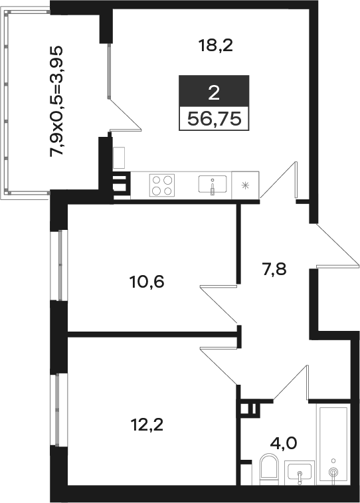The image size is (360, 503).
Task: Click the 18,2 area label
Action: tap(215, 45)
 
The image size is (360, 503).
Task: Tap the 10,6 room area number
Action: tap(147, 282)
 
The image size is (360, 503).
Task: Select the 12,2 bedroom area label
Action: tap(147, 425)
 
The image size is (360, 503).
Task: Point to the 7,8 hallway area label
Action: tap(274, 269)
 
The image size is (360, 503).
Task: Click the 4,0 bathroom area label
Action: tap(284, 443)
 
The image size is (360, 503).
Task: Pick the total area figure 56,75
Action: tap(214, 119)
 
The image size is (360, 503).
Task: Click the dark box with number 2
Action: tap(214, 91)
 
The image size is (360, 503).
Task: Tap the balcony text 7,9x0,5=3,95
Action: tap(57, 102)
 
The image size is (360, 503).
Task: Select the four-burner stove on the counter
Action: tap(162, 185)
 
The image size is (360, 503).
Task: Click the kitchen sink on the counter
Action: tap(213, 185)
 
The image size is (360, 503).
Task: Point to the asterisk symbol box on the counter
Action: tap(245, 185)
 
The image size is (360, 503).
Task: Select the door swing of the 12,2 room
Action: tap(219, 365)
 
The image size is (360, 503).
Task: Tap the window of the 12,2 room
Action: tap(59, 410)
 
